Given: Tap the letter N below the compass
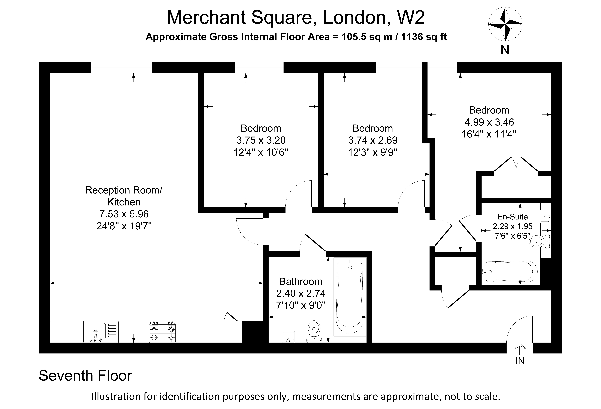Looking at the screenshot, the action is click(505, 50).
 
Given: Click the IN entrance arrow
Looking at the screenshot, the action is click(520, 349).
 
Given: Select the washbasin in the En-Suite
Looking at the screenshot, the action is click(545, 216).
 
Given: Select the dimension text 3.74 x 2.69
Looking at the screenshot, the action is click(373, 140).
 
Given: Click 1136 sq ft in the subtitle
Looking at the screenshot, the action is click(424, 37).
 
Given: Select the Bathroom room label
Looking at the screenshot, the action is click(301, 281).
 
